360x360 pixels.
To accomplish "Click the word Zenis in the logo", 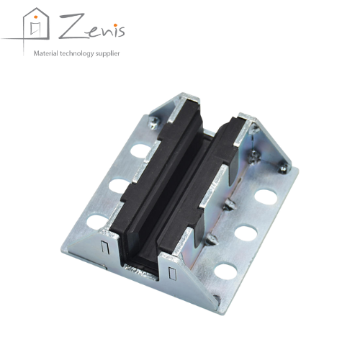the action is point(92,27).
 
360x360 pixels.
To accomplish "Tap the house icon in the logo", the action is point(36,24).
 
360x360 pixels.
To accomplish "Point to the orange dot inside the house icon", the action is point(36,17).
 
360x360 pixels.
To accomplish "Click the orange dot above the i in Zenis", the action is point(115,25).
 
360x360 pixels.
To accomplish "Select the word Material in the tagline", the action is point(46,53).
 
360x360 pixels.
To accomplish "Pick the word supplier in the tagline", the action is point(107,54).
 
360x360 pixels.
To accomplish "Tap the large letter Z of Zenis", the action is point(71,27).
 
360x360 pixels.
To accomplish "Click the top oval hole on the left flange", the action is point(140,150).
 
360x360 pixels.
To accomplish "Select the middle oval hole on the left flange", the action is point(118,186).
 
